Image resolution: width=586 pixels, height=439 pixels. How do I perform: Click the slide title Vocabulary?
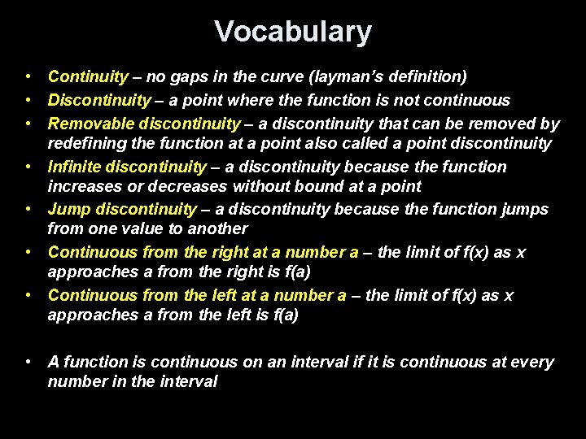[293, 33]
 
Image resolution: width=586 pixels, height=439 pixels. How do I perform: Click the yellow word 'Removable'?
[90, 124]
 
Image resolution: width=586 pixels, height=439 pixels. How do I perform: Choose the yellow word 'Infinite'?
[74, 167]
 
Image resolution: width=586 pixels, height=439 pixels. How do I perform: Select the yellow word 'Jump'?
[68, 210]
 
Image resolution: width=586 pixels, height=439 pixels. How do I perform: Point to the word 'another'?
[217, 229]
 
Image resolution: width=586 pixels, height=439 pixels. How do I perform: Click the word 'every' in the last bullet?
[534, 363]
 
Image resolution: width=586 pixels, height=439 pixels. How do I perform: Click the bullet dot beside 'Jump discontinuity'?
[28, 210]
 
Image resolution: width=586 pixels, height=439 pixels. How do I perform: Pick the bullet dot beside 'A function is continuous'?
[28, 363]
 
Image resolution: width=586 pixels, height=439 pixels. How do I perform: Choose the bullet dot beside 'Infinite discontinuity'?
[28, 167]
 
